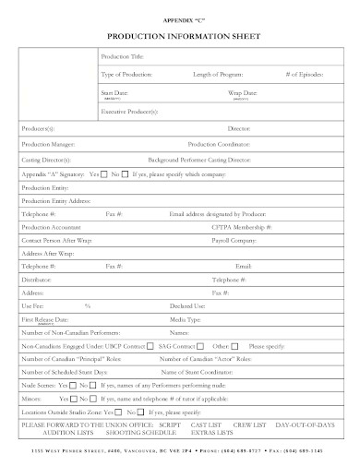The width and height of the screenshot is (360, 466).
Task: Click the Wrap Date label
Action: [x=243, y=92]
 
